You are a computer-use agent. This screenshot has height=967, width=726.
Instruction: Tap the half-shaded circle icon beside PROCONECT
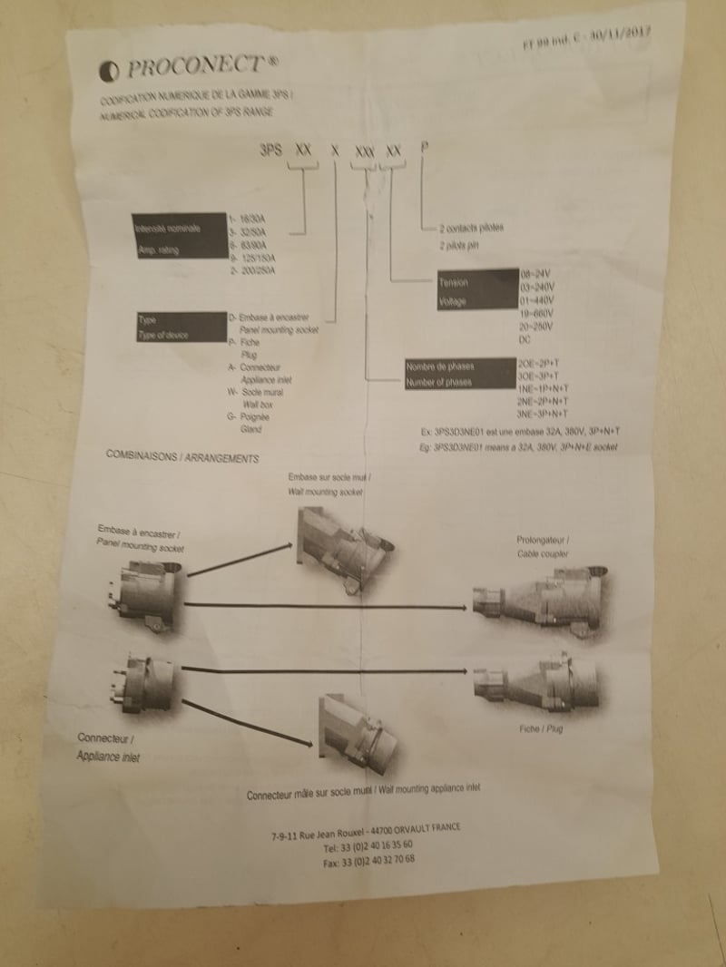coord(110,72)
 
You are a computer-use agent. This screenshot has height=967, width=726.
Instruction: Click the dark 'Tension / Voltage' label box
coord(473,292)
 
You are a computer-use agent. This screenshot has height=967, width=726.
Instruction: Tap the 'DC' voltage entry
coord(525,339)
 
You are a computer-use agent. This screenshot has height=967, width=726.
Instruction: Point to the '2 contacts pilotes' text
coord(471,227)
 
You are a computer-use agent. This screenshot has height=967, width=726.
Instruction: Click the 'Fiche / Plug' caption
coord(541,728)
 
